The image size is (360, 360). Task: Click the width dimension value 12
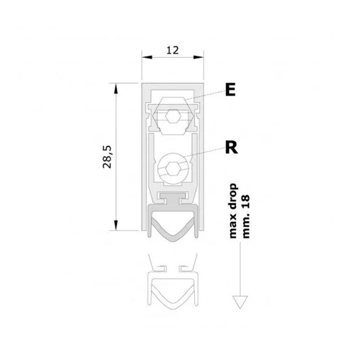pos(172,50)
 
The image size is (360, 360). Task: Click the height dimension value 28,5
pos(107,157)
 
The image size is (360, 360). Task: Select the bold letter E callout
pos(230,90)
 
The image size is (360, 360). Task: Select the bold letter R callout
pos(231,148)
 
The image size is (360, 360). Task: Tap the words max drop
pos(233,211)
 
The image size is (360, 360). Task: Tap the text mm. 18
pos(246,216)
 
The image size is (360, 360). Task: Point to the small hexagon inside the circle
pos(173,169)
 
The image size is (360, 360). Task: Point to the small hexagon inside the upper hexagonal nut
pos(174,116)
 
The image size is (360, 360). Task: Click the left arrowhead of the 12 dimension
pos(147,57)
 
